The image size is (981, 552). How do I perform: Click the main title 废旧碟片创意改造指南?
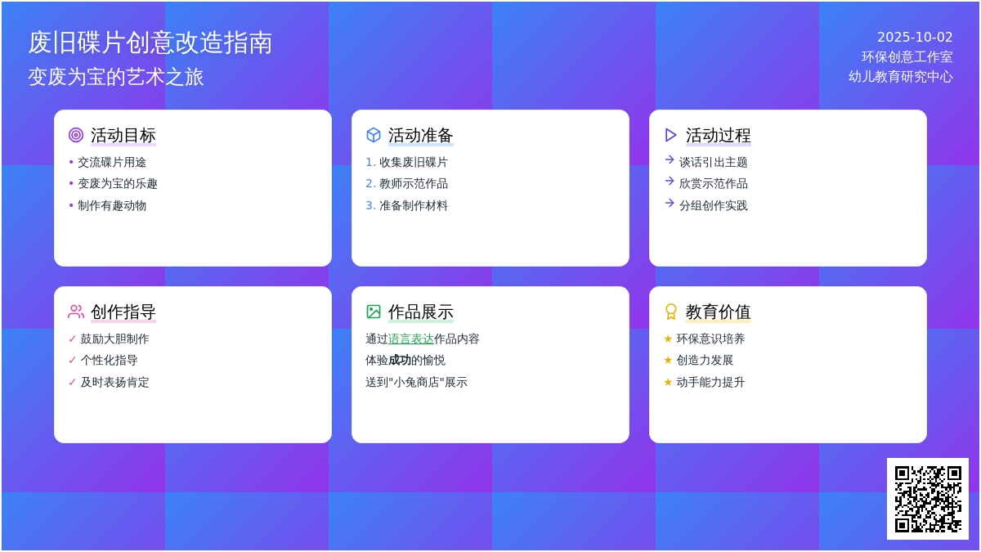click(150, 43)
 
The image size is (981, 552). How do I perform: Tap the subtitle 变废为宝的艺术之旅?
click(116, 77)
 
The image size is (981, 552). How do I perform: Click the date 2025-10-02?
click(915, 38)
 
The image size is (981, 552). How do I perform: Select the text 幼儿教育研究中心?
click(900, 77)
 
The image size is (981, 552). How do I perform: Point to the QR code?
click(928, 499)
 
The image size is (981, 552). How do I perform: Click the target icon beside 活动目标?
click(76, 135)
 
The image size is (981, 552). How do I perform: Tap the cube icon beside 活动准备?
click(373, 135)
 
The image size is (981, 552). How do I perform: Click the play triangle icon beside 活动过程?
click(670, 135)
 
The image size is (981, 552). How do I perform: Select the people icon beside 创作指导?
click(76, 312)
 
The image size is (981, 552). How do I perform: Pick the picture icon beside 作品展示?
click(373, 312)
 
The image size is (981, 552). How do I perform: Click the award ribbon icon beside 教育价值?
click(670, 312)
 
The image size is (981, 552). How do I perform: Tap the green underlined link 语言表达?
click(410, 339)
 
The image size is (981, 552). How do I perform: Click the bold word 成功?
click(400, 360)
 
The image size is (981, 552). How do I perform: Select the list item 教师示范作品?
click(414, 183)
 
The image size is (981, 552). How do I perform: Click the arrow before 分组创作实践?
click(670, 203)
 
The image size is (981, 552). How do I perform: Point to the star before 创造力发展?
click(668, 360)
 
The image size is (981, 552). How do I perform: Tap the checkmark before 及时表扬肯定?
click(72, 382)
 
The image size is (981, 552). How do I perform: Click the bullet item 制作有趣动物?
click(112, 205)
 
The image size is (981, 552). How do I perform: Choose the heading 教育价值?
click(719, 312)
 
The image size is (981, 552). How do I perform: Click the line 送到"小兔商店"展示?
click(416, 382)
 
